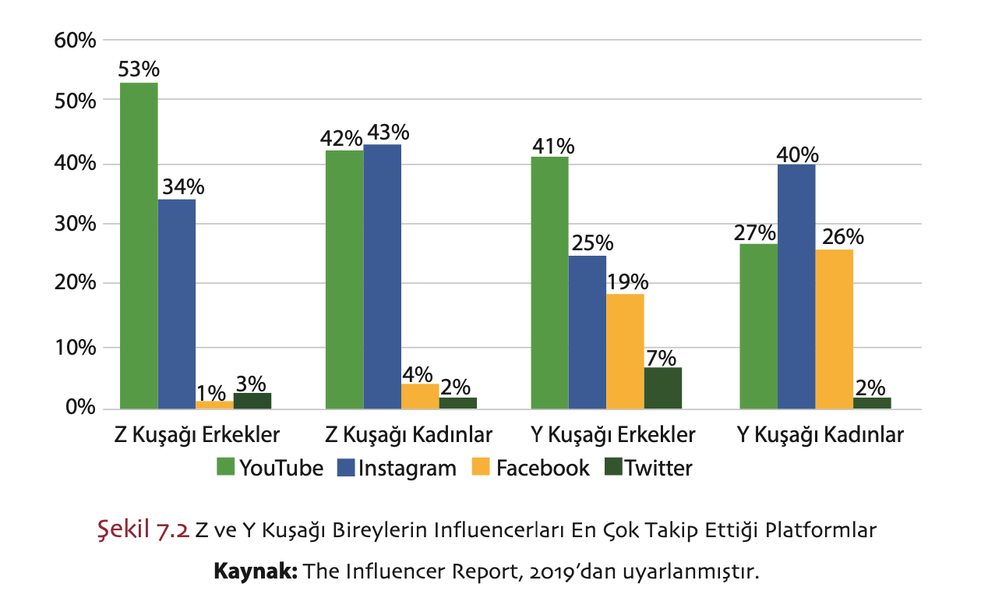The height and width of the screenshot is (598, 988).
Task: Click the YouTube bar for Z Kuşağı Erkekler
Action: pos(139,246)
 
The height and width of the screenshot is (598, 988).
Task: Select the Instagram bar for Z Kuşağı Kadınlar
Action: pos(382,277)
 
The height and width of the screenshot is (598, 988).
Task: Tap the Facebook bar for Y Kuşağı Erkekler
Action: pos(625,351)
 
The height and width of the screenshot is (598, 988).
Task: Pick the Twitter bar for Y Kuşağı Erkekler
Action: pos(663,387)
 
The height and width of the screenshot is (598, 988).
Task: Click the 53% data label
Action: pos(139,69)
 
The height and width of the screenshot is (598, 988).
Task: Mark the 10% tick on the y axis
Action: pos(75,347)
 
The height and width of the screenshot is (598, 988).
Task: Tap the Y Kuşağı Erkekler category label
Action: pos(612,434)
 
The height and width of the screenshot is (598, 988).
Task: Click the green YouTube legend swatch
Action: pos(225,468)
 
